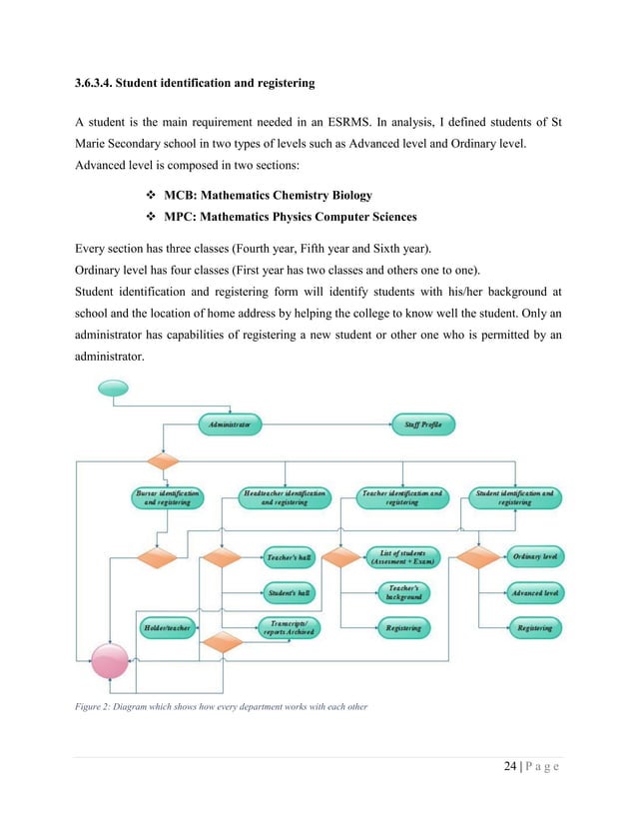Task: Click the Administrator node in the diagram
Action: (x=230, y=424)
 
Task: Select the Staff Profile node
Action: (x=423, y=424)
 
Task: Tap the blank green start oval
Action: (x=112, y=388)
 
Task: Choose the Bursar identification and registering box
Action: (x=167, y=497)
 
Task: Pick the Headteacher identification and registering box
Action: (x=285, y=497)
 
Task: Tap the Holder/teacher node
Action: (x=167, y=627)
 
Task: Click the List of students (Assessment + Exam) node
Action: (x=404, y=556)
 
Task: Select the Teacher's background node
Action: (x=404, y=592)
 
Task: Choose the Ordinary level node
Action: (x=534, y=556)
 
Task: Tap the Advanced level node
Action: (x=534, y=592)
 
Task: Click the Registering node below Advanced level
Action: (x=534, y=627)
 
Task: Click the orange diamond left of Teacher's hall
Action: (x=223, y=556)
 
